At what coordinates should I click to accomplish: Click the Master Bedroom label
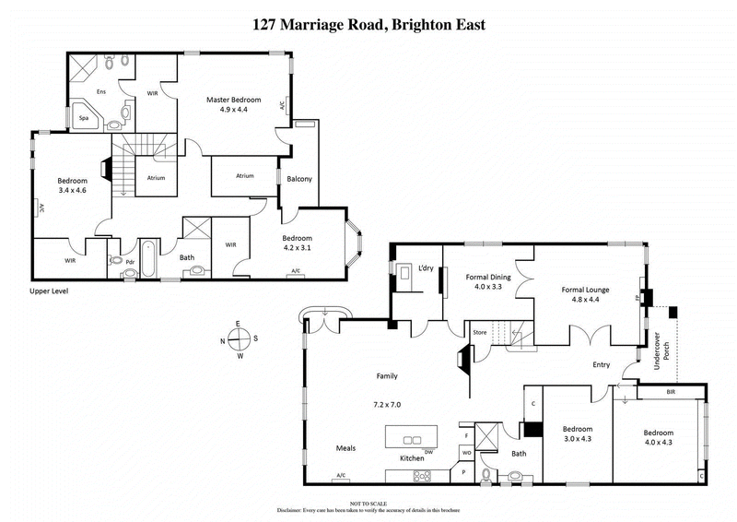(234, 100)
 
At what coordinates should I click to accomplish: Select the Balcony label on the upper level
(299, 179)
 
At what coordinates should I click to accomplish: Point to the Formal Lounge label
(587, 289)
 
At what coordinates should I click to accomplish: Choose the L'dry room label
(426, 267)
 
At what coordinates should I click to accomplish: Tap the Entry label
(601, 364)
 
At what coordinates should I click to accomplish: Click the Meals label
(345, 448)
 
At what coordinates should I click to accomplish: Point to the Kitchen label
(411, 458)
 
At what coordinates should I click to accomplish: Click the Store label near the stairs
(479, 331)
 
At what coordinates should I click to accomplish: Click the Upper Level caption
(49, 291)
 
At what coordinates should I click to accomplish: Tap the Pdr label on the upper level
(130, 261)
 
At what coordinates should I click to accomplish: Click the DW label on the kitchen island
(428, 451)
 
